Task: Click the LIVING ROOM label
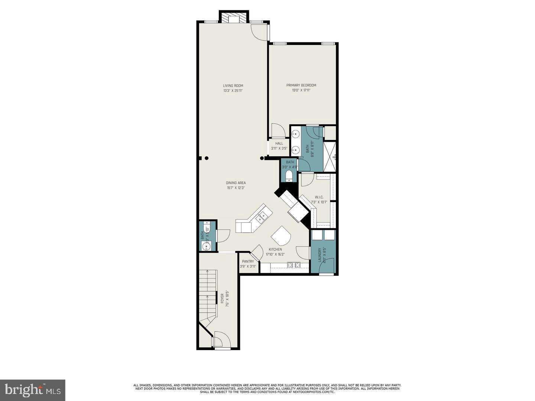point(233,86)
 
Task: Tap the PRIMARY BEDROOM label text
point(301,85)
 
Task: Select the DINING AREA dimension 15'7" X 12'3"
point(236,188)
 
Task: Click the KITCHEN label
point(275,250)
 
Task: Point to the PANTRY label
point(248,261)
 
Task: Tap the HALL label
point(279,143)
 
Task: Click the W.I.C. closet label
point(319,197)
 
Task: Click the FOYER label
point(222,299)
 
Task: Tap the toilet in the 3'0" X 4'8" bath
point(290,176)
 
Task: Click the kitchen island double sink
point(263,216)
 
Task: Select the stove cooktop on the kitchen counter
point(295,265)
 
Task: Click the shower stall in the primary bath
point(330,156)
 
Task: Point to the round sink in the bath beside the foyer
point(206,246)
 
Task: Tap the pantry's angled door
point(256,251)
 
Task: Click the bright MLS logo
point(33,390)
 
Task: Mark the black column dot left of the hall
point(262,158)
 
